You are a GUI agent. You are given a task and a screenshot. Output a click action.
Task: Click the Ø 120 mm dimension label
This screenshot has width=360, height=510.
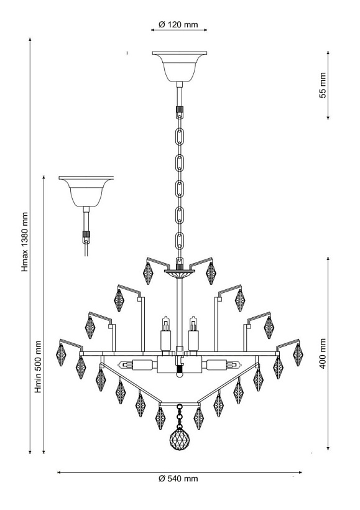[178, 25]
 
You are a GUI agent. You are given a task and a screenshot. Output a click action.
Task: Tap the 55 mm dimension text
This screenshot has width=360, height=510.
[323, 85]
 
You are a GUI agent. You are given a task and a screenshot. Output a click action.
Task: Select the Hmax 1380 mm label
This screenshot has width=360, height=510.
[25, 242]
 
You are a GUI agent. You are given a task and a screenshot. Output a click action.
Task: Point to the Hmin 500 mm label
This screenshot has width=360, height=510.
[39, 366]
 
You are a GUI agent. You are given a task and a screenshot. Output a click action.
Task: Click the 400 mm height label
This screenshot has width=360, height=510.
[323, 353]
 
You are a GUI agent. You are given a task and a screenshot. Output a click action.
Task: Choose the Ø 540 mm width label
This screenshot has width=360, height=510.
[178, 478]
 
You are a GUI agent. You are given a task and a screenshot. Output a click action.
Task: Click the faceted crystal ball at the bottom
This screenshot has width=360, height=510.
[178, 440]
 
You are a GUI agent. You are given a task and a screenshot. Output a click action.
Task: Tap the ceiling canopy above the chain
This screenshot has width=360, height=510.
[179, 67]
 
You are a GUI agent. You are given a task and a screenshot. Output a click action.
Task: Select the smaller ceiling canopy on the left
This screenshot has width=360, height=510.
[86, 192]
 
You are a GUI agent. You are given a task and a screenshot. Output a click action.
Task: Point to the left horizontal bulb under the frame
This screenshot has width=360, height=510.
[138, 365]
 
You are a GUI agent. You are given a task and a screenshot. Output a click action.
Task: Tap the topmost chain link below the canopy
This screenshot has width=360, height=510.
[180, 136]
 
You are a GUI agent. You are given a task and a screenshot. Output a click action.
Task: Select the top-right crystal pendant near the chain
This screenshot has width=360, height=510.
[211, 273]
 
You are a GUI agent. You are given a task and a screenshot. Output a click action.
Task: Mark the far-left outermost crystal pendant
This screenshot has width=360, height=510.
[61, 355]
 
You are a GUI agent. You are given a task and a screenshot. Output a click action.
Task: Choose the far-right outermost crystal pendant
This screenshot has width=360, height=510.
[298, 355]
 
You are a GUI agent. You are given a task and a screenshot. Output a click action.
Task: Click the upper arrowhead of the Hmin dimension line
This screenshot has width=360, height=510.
[44, 178]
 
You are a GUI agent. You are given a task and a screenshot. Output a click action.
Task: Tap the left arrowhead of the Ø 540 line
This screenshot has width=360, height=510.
[60, 472]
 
